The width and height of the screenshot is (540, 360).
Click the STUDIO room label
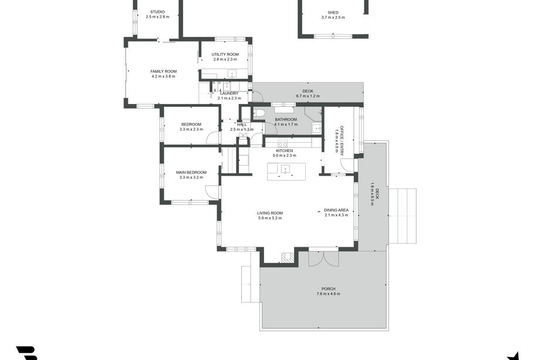point(157,12)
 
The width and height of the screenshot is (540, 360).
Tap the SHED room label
point(333,12)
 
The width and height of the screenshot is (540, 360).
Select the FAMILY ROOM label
point(164,71)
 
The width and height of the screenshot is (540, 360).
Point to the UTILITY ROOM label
point(225,54)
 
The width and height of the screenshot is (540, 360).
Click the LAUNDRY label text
point(230,93)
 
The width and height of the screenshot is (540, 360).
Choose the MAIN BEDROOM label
point(191,172)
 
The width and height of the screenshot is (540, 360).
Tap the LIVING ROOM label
point(270,213)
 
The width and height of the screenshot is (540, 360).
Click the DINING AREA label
point(336,210)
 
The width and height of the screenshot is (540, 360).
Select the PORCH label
point(328,289)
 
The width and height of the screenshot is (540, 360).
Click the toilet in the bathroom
point(258,113)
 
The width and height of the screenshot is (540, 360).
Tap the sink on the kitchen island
point(285,169)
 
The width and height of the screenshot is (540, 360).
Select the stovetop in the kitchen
point(282,142)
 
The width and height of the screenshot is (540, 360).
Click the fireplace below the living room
point(288,258)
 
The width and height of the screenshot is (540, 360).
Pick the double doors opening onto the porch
point(323,258)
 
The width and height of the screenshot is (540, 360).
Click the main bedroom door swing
point(211,192)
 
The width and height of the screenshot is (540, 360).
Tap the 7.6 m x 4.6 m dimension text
point(328,294)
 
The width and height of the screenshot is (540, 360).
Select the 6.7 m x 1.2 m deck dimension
point(308,96)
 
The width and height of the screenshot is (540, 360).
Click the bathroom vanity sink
point(316,128)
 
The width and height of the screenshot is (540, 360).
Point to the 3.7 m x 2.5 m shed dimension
point(333,17)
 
